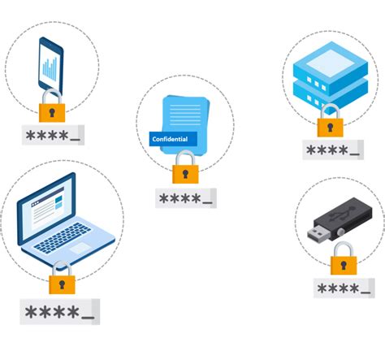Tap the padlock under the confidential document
tap(185, 171)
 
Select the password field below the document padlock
tap(185, 198)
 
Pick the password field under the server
tap(332, 150)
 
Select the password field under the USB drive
tap(344, 288)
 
